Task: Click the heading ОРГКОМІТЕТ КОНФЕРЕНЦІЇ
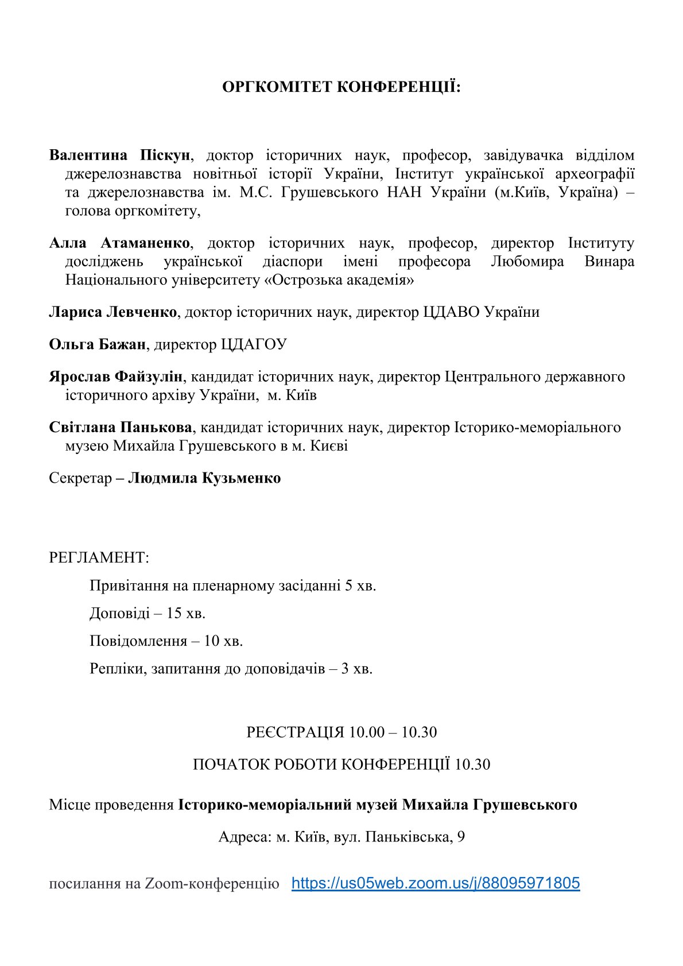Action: pos(341,87)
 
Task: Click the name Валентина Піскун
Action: pos(119,156)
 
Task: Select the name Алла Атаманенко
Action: pos(119,243)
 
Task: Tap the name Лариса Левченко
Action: pos(113,312)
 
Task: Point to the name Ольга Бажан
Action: pos(98,344)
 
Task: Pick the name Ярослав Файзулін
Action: pos(115,377)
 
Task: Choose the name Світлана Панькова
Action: pos(121,428)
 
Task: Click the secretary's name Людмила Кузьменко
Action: pos(204,478)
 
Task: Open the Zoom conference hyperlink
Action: pos(436,883)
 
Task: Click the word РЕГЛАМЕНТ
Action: pos(99,557)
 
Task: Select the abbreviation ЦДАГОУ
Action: pos(254,344)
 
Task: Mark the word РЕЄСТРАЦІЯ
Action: pos(295,732)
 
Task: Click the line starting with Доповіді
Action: pos(148,613)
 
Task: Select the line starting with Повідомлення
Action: pos(166,641)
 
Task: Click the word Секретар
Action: pos(80,478)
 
